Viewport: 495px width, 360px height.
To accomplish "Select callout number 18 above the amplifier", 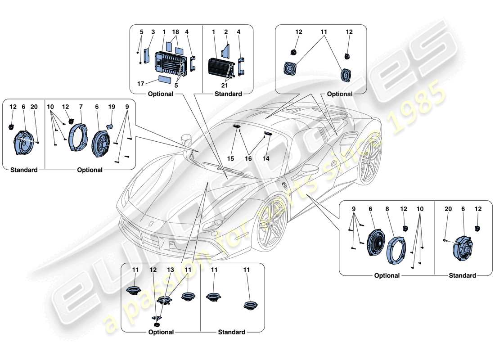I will (175, 32).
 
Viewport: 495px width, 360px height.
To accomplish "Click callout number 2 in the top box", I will (226, 32).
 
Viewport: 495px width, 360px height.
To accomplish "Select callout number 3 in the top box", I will (153, 32).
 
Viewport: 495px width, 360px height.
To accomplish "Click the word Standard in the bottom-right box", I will (462, 275).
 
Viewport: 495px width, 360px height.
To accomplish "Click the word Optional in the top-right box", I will (339, 94).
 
